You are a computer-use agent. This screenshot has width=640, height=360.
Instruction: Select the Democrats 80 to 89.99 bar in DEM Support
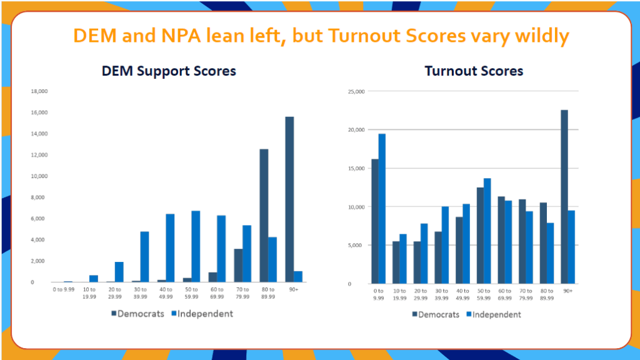click(x=264, y=216)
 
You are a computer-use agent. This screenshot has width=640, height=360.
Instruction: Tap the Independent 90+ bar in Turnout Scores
click(x=571, y=247)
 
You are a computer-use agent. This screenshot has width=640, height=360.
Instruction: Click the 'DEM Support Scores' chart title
click(x=169, y=71)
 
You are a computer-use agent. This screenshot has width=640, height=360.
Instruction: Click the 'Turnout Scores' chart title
click(x=474, y=71)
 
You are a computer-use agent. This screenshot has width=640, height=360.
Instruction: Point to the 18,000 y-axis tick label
click(x=39, y=91)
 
